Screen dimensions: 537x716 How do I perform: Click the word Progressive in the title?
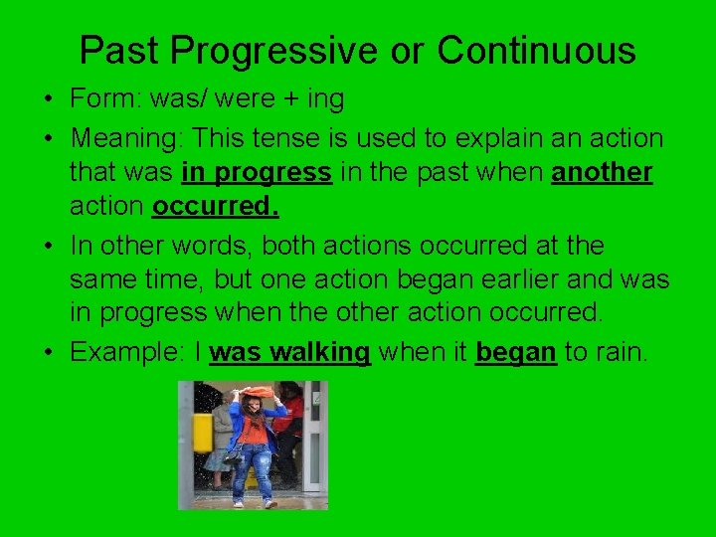click(288, 51)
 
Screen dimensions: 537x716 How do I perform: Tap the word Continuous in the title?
click(536, 50)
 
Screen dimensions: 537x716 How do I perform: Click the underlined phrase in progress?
click(257, 172)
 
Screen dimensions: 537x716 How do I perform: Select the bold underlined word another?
click(602, 172)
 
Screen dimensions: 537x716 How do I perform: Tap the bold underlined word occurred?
click(216, 208)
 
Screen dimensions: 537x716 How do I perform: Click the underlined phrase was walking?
click(290, 352)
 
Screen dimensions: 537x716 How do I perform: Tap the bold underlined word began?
click(516, 352)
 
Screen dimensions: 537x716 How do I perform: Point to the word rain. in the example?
click(622, 352)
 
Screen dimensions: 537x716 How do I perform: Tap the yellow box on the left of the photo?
click(203, 433)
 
